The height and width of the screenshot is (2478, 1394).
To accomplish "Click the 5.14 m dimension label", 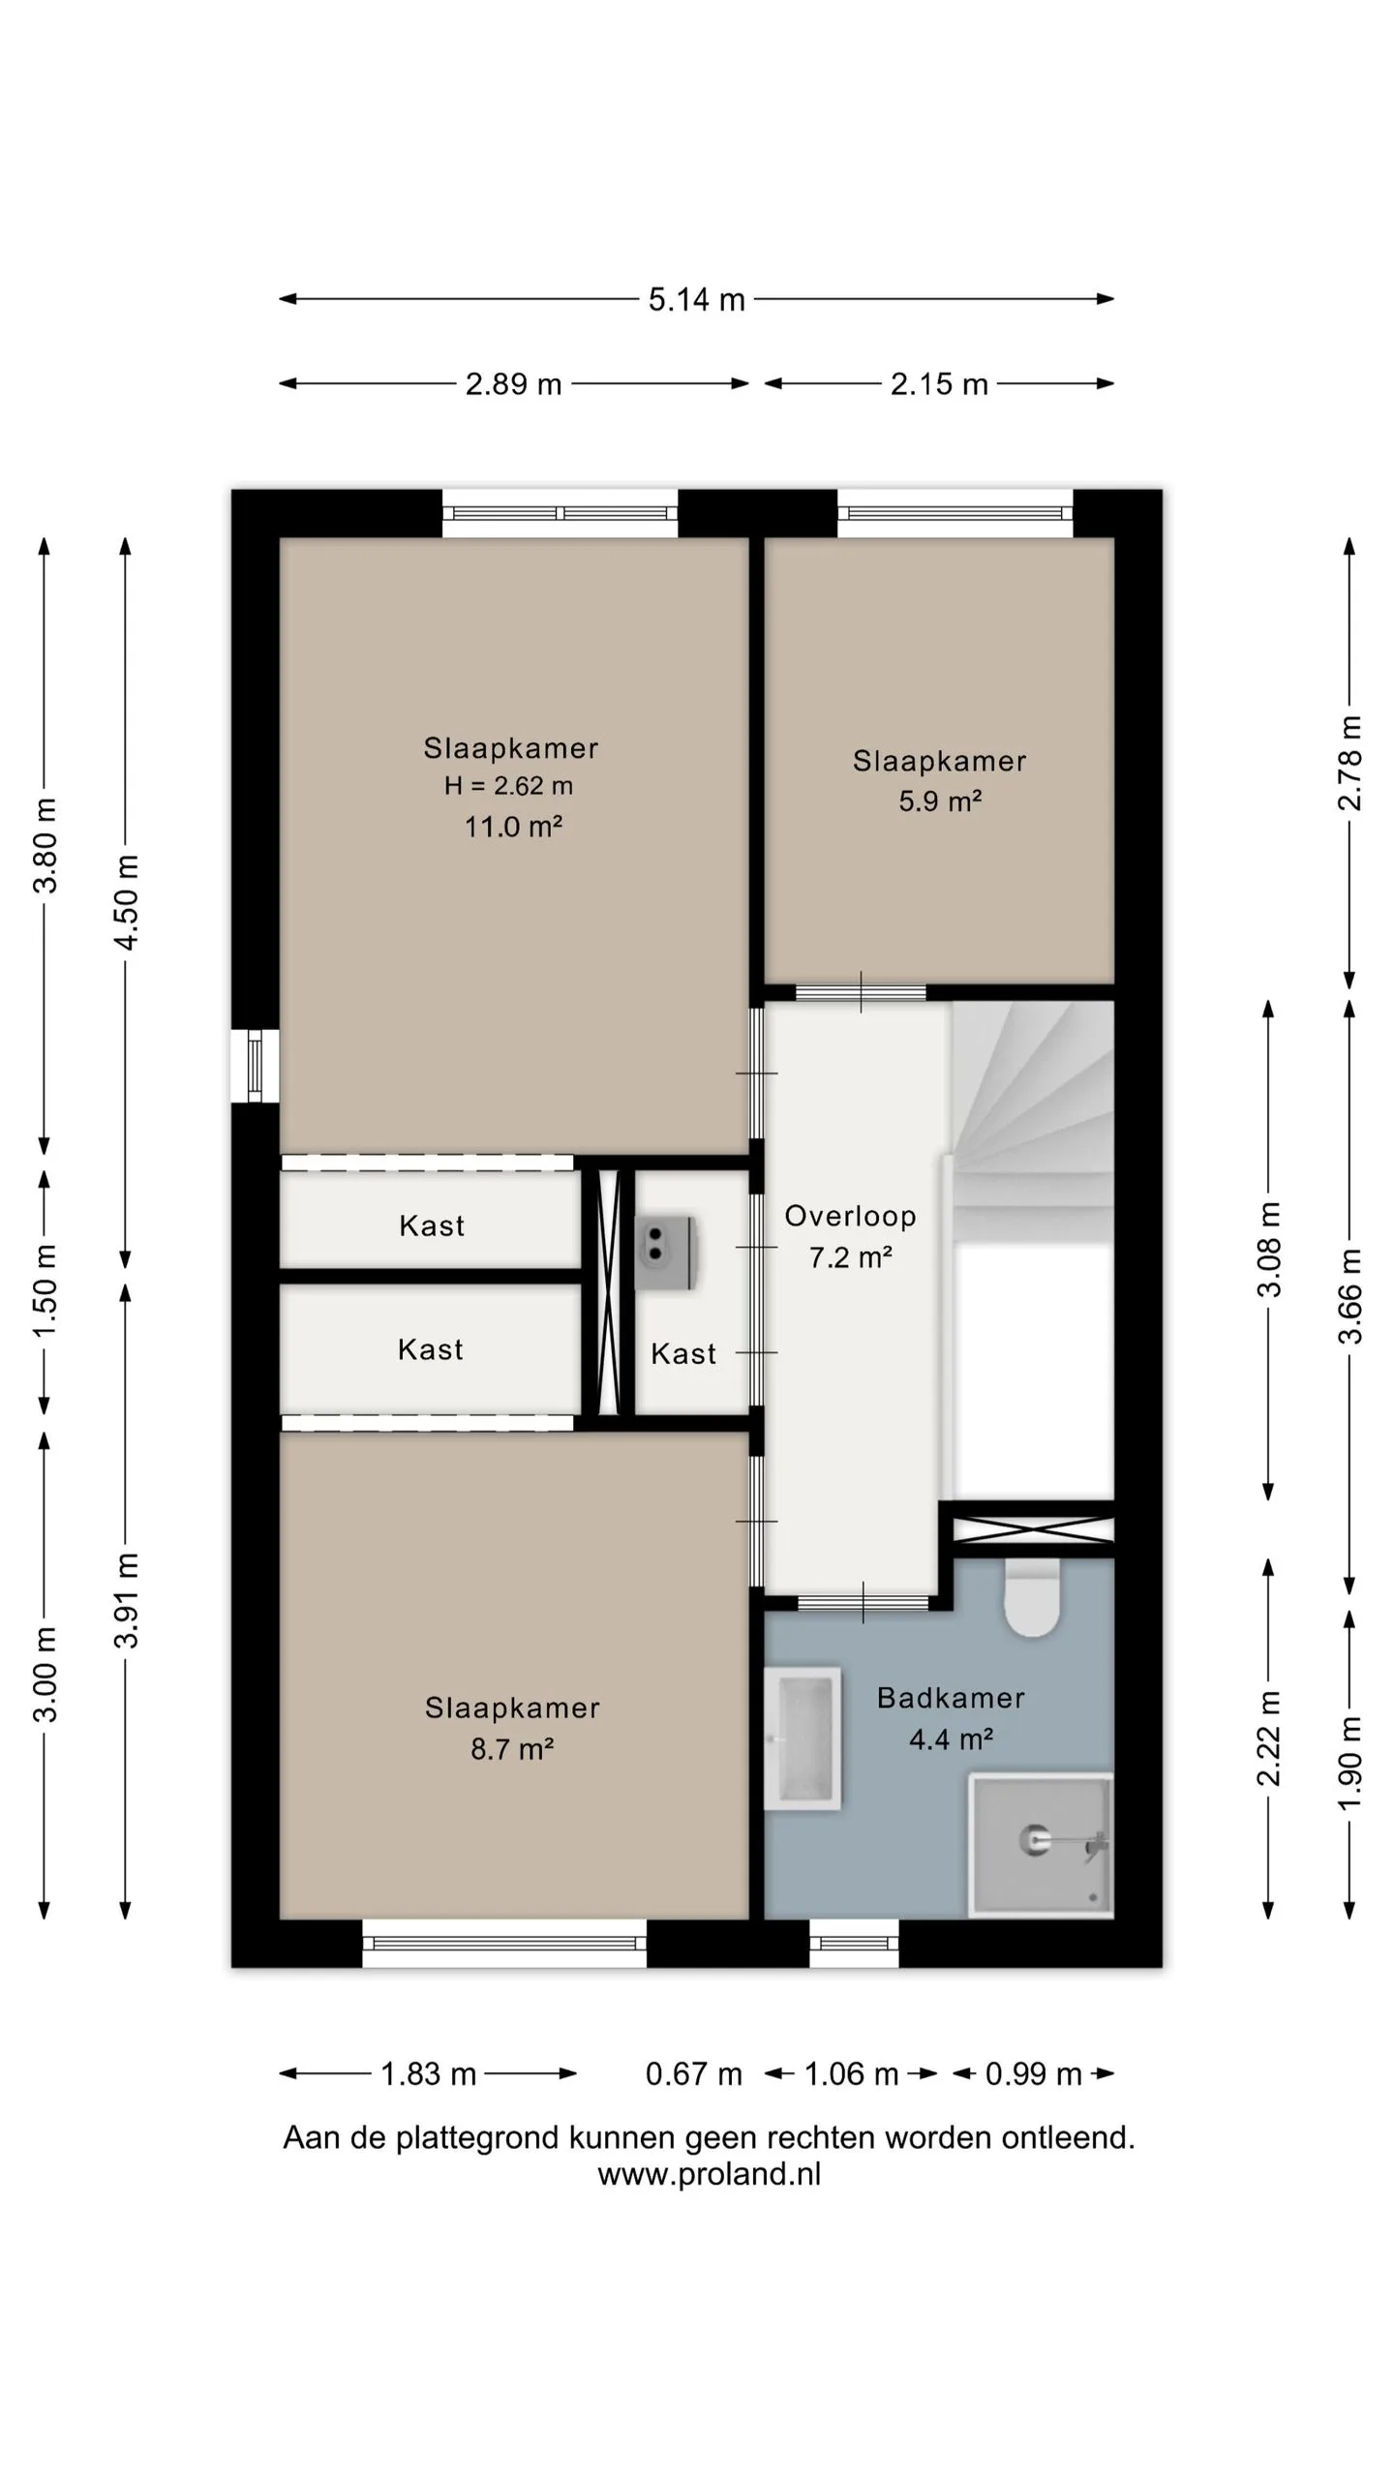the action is point(696,300).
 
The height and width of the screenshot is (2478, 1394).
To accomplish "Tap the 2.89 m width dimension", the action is point(513,384).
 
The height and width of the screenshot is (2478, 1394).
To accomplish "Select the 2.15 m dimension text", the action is point(939,384).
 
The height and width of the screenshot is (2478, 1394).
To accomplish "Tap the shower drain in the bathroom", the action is point(1034,1839).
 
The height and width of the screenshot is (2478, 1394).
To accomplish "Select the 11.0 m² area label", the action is point(513,827).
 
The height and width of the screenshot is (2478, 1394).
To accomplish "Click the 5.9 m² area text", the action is point(940,801).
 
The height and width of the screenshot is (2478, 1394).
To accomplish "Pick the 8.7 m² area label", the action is point(512,1749).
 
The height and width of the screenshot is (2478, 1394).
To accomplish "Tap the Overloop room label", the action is point(850,1217).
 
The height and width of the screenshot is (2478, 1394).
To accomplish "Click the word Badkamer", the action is point(951,1698).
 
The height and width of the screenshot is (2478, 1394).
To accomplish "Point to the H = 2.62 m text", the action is point(508,786).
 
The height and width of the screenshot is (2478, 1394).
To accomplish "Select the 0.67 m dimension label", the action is point(693,2074).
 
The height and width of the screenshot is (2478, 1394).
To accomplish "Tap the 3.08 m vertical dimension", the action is point(1268,1249).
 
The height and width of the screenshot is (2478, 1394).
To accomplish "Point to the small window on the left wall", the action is point(255,1066).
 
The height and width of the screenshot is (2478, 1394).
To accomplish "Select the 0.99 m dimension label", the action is point(1033,2074).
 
